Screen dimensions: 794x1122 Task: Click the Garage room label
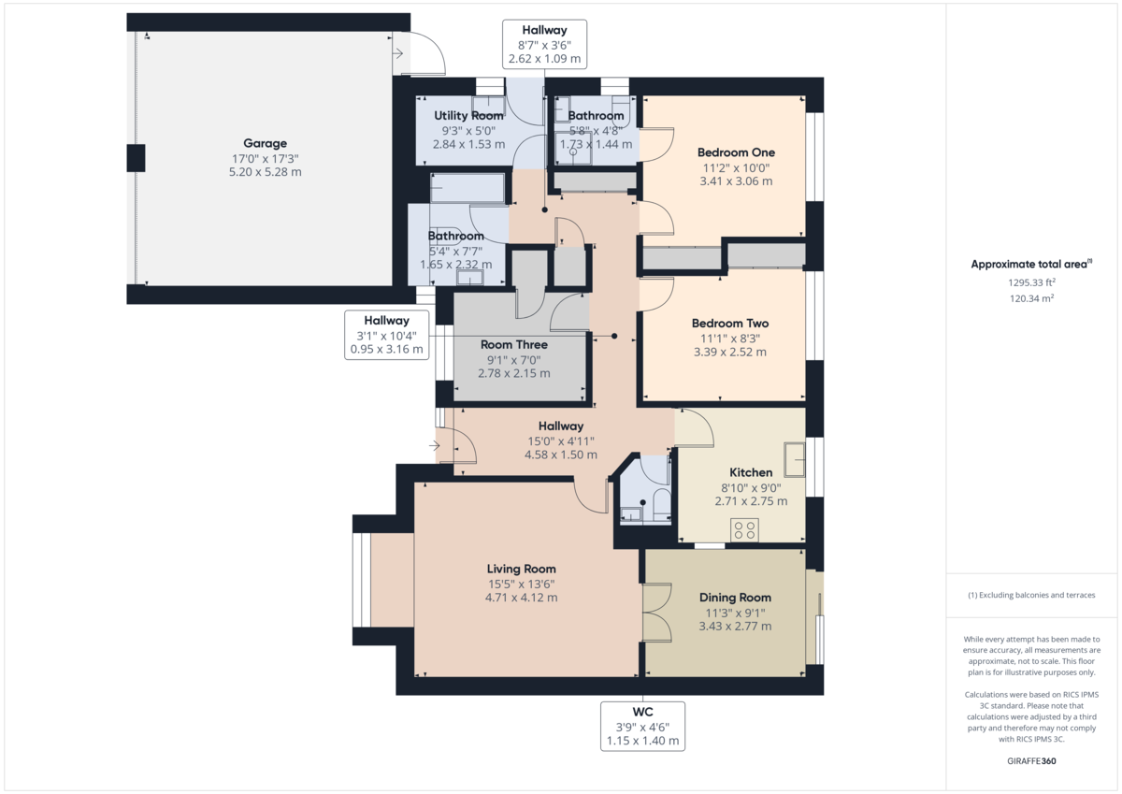tap(265, 144)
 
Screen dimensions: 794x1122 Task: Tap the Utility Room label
tap(468, 116)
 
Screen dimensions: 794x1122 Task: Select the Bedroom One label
tap(736, 152)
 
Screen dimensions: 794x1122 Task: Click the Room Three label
tap(513, 345)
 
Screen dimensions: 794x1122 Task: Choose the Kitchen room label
tap(751, 473)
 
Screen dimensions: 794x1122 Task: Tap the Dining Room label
tap(735, 598)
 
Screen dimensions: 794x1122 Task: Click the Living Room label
tap(521, 569)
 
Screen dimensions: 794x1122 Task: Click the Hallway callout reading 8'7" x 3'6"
tap(544, 44)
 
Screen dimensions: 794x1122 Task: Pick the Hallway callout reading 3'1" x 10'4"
tap(386, 335)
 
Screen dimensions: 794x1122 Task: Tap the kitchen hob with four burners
tap(745, 530)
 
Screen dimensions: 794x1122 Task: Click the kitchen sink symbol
tap(795, 457)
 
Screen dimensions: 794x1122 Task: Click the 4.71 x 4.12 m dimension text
tap(521, 598)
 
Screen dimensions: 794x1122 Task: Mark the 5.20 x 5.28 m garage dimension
tap(265, 172)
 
